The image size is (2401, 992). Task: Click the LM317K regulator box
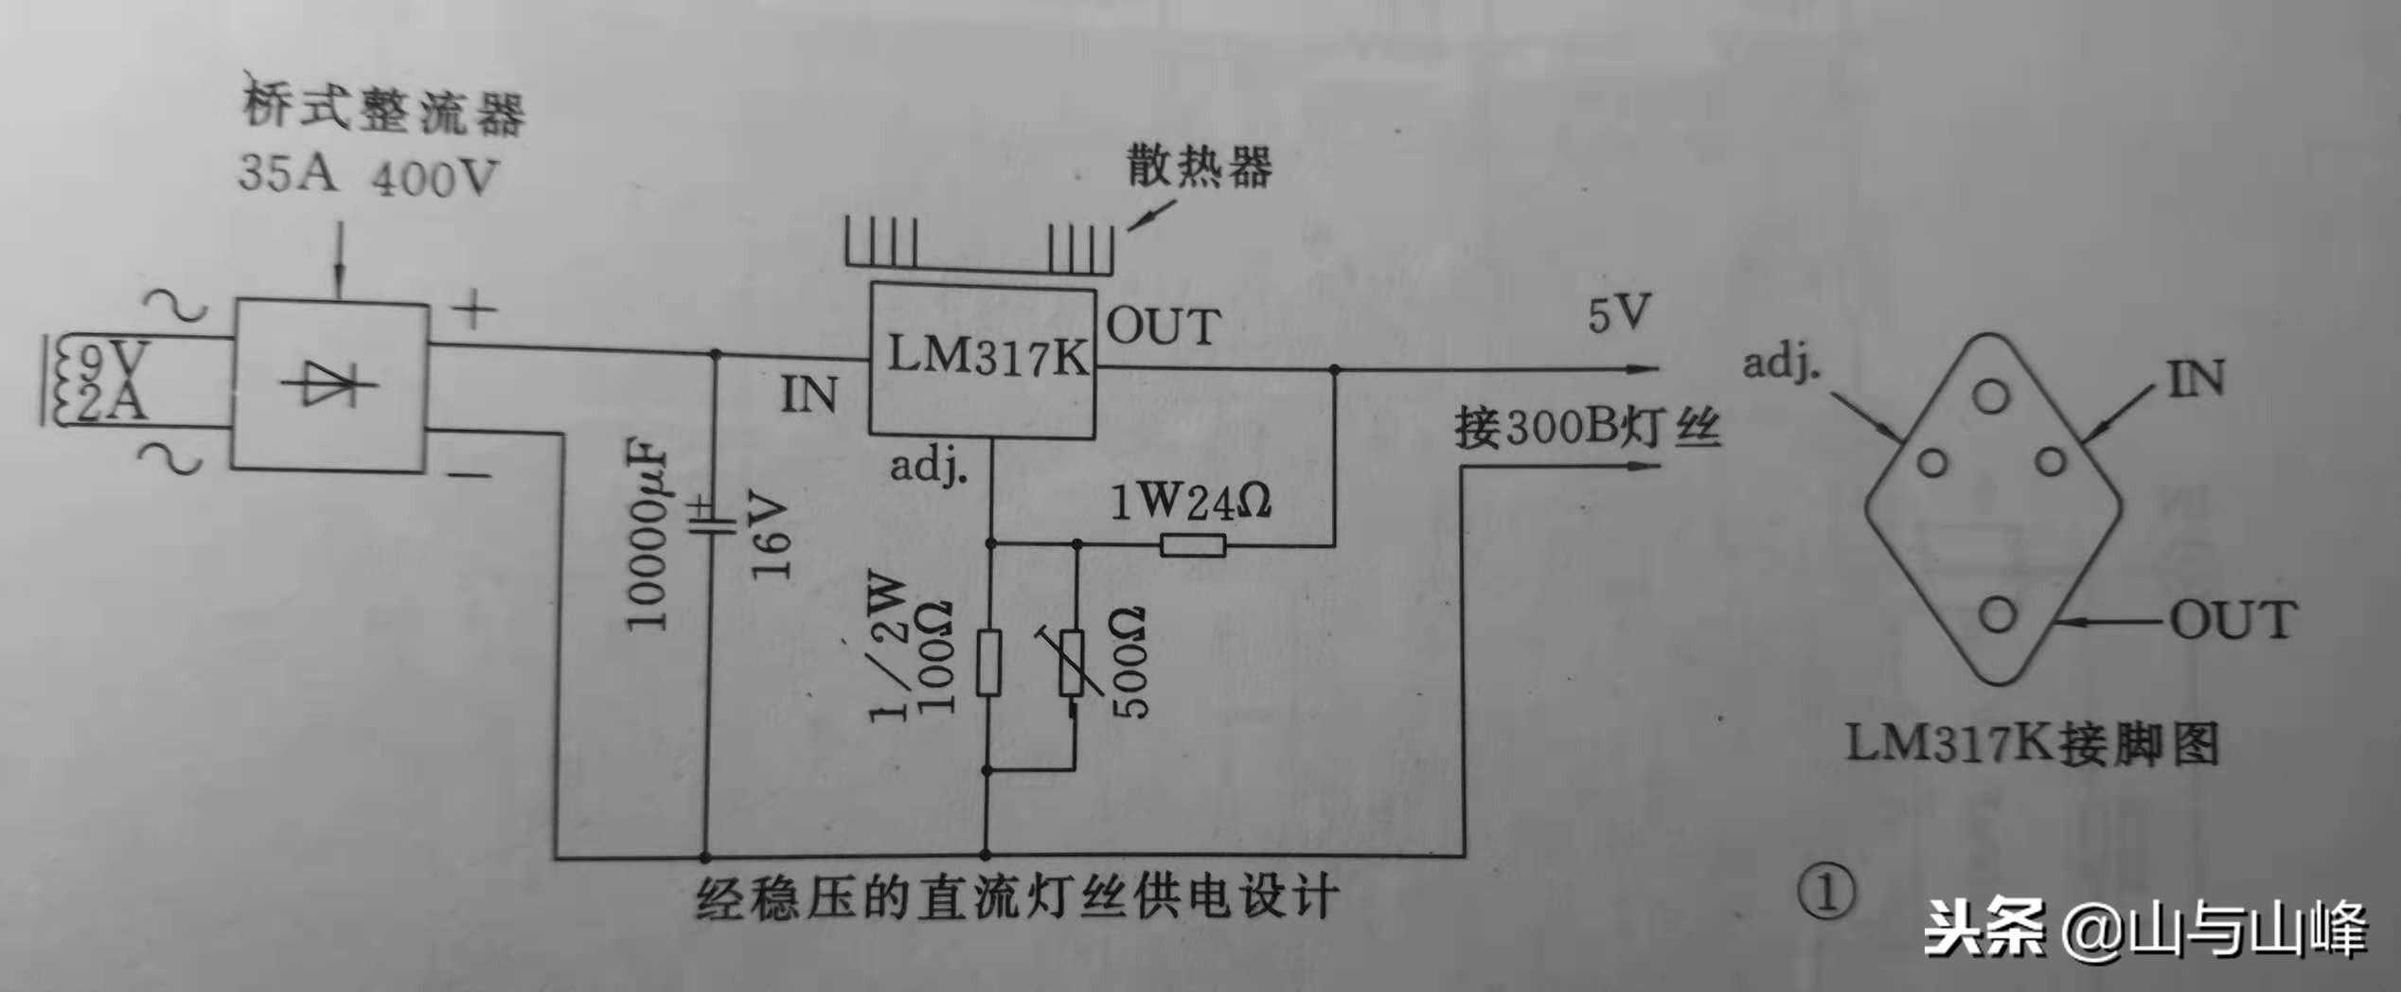(x=983, y=361)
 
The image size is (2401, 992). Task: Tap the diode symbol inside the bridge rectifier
(x=329, y=384)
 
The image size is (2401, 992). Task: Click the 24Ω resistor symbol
(x=1193, y=545)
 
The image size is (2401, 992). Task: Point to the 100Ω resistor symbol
(x=987, y=662)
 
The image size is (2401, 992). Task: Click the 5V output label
(x=1619, y=314)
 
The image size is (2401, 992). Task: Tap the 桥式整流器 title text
(x=383, y=109)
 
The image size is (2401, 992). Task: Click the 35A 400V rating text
(x=367, y=176)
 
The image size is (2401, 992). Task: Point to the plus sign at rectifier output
(x=473, y=309)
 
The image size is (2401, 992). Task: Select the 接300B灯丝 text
(x=1587, y=429)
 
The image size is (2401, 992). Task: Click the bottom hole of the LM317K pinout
(x=1996, y=615)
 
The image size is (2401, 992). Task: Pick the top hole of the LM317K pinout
(x=1991, y=396)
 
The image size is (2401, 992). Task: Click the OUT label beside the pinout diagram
(x=2232, y=620)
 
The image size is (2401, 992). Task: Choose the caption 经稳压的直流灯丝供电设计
(x=1018, y=897)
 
